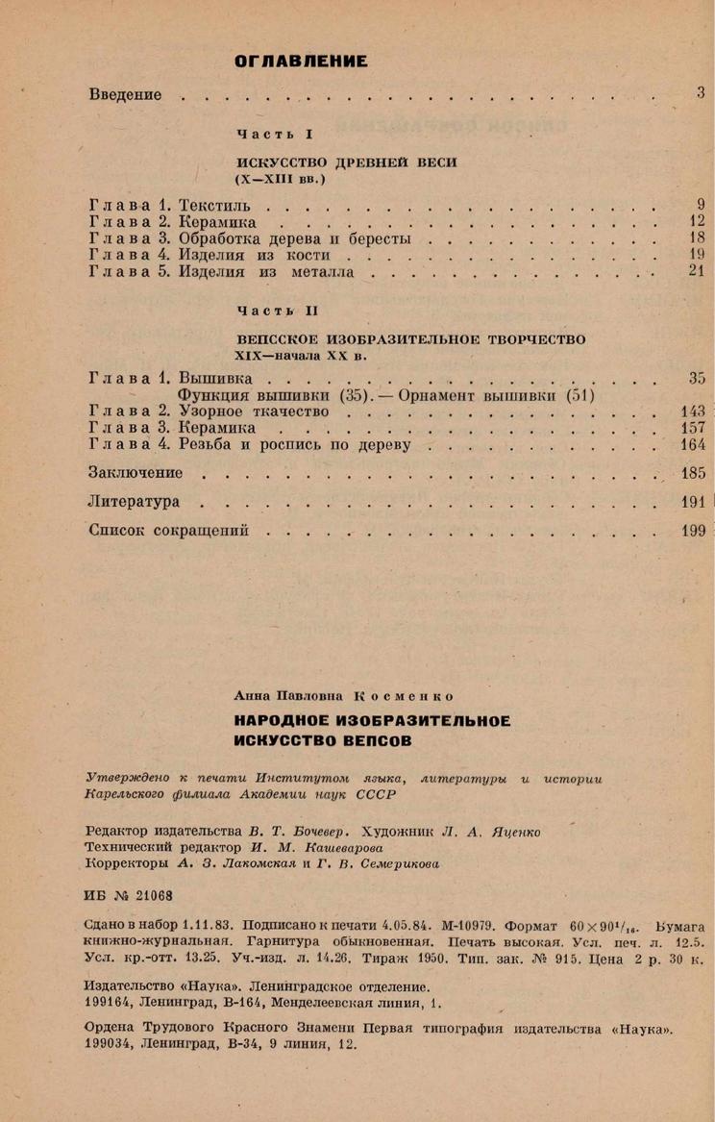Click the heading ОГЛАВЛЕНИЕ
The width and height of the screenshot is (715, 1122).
[301, 62]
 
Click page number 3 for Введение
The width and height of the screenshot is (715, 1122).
[702, 93]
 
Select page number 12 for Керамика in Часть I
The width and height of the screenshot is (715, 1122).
[698, 221]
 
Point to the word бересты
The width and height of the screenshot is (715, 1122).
[382, 238]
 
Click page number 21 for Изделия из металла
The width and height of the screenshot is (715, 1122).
[698, 272]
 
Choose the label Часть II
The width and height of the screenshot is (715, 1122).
[276, 311]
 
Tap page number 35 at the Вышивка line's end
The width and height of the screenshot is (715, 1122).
[697, 378]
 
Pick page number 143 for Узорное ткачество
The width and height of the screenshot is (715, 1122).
[692, 411]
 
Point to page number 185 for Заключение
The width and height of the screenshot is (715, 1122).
[692, 473]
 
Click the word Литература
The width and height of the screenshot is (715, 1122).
[134, 501]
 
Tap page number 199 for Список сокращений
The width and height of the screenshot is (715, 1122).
[692, 530]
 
